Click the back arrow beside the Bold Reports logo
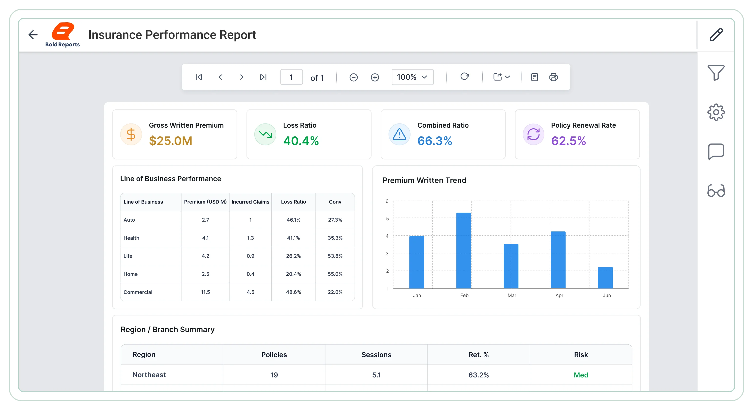tap(33, 35)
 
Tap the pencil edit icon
tap(716, 35)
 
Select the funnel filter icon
tap(716, 72)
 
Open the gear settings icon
tap(716, 112)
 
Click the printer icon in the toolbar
tap(553, 77)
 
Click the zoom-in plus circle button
tap(375, 77)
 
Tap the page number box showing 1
tap(291, 77)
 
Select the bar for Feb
tap(464, 251)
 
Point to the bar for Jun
tap(605, 278)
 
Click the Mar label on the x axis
tap(512, 295)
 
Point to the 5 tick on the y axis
tap(387, 218)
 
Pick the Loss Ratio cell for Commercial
tap(293, 292)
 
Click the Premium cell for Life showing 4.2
tap(205, 256)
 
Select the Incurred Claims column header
tap(250, 202)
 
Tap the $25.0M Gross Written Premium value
tap(171, 141)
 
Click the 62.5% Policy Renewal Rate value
tap(569, 141)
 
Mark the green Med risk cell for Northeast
tap(581, 375)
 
